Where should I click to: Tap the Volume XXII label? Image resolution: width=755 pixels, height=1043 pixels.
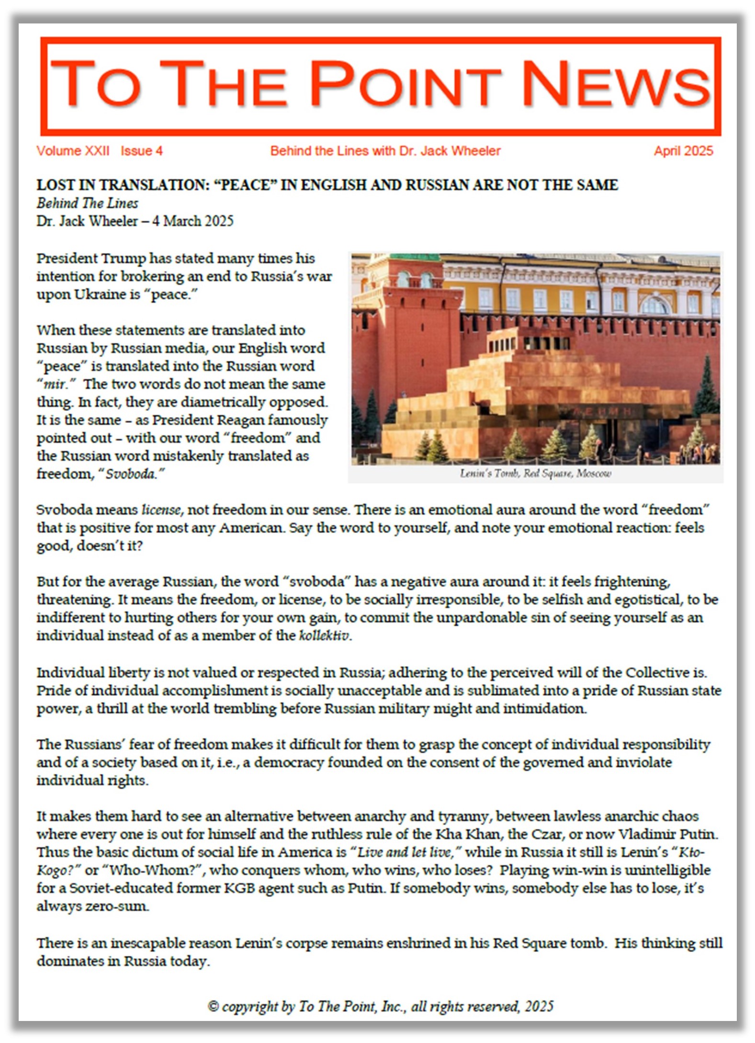point(73,151)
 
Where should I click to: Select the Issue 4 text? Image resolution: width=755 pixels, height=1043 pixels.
point(141,151)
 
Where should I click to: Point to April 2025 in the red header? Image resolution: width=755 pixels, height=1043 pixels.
point(683,151)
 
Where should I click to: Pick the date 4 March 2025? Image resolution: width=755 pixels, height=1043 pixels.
point(192,221)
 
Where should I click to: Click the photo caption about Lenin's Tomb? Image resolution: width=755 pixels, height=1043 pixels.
point(535,474)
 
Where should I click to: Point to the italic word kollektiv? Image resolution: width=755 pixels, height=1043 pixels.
point(324,635)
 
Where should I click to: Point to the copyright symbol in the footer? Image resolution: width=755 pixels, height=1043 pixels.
point(213,1007)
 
